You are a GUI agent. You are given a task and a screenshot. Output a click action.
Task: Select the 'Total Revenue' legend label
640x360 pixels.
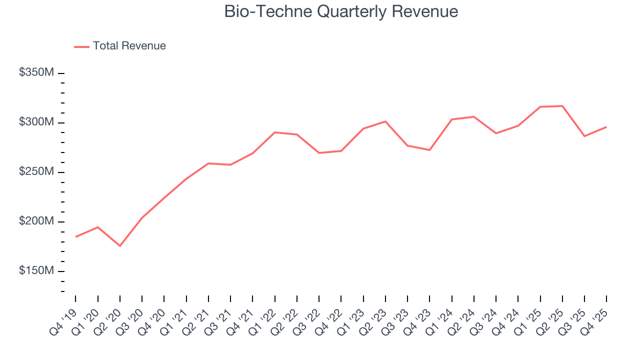[x=129, y=46]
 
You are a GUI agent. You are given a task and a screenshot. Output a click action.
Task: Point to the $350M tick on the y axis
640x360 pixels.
[x=61, y=73]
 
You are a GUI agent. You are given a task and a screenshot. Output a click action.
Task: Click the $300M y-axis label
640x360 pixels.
[x=36, y=122]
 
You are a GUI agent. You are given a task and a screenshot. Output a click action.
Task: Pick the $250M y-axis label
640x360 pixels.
[x=36, y=172]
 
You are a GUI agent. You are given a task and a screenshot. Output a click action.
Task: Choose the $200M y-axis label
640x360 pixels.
[x=36, y=221]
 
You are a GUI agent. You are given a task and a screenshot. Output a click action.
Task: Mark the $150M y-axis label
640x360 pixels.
[x=36, y=271]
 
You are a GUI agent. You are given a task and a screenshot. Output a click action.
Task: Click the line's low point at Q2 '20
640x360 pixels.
[x=120, y=246]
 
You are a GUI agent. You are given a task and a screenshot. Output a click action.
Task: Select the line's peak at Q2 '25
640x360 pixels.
[x=562, y=106]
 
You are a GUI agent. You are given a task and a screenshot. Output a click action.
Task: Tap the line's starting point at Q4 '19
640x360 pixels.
[x=76, y=237]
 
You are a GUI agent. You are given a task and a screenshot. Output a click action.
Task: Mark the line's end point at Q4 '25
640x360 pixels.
[x=606, y=127]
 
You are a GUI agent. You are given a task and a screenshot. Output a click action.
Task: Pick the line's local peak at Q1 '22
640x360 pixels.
[x=275, y=132]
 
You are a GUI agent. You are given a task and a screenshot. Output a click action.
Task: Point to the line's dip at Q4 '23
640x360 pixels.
[x=429, y=150]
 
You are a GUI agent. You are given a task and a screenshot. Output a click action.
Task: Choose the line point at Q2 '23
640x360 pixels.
[x=385, y=121]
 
